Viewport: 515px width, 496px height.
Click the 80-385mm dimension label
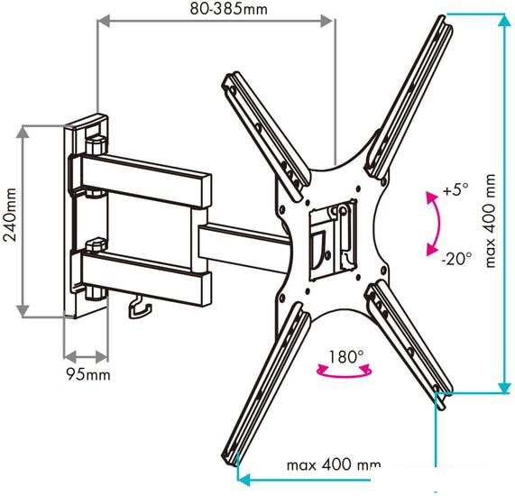[x=228, y=9]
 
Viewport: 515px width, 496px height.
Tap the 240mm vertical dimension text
[x=10, y=215]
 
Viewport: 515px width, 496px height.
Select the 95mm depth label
[x=88, y=374]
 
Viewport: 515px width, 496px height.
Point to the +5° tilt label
[x=455, y=189]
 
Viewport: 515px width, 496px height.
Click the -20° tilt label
[x=456, y=259]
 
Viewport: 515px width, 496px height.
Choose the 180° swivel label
[x=345, y=356]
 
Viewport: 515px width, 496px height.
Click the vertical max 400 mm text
[x=490, y=221]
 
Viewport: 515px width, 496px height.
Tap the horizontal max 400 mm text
[x=334, y=464]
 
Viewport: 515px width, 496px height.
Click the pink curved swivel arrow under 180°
[x=345, y=374]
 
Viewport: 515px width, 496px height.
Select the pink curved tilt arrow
[x=438, y=224]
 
